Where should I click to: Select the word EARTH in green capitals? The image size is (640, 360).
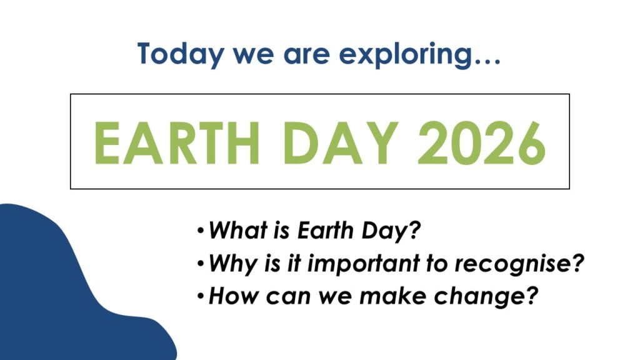[177, 143]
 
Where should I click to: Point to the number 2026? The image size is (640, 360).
[482, 143]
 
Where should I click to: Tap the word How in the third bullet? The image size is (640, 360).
[233, 296]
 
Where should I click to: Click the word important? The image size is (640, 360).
[363, 264]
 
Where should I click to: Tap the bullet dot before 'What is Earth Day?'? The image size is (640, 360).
[200, 231]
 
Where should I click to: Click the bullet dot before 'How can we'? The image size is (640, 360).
[200, 296]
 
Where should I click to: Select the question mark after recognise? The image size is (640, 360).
[577, 263]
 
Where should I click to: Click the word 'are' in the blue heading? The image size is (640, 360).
[306, 56]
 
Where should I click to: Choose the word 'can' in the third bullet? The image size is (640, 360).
[288, 297]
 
